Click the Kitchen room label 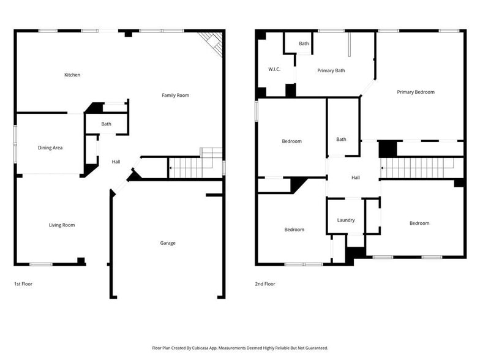coord(72,75)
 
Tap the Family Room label coord(175,96)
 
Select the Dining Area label coord(50,148)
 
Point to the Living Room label coord(62,225)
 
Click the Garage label coord(168,243)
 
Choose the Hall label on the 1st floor coord(116,162)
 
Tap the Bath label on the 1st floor coord(107,124)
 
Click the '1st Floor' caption coord(24,284)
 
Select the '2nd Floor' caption coord(265,284)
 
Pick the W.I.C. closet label coord(274,69)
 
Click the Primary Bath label coord(331,71)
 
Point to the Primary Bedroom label coord(416,92)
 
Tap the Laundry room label coord(346,220)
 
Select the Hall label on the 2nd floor coord(356,178)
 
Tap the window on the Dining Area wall coord(16,144)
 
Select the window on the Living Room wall coord(41,264)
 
